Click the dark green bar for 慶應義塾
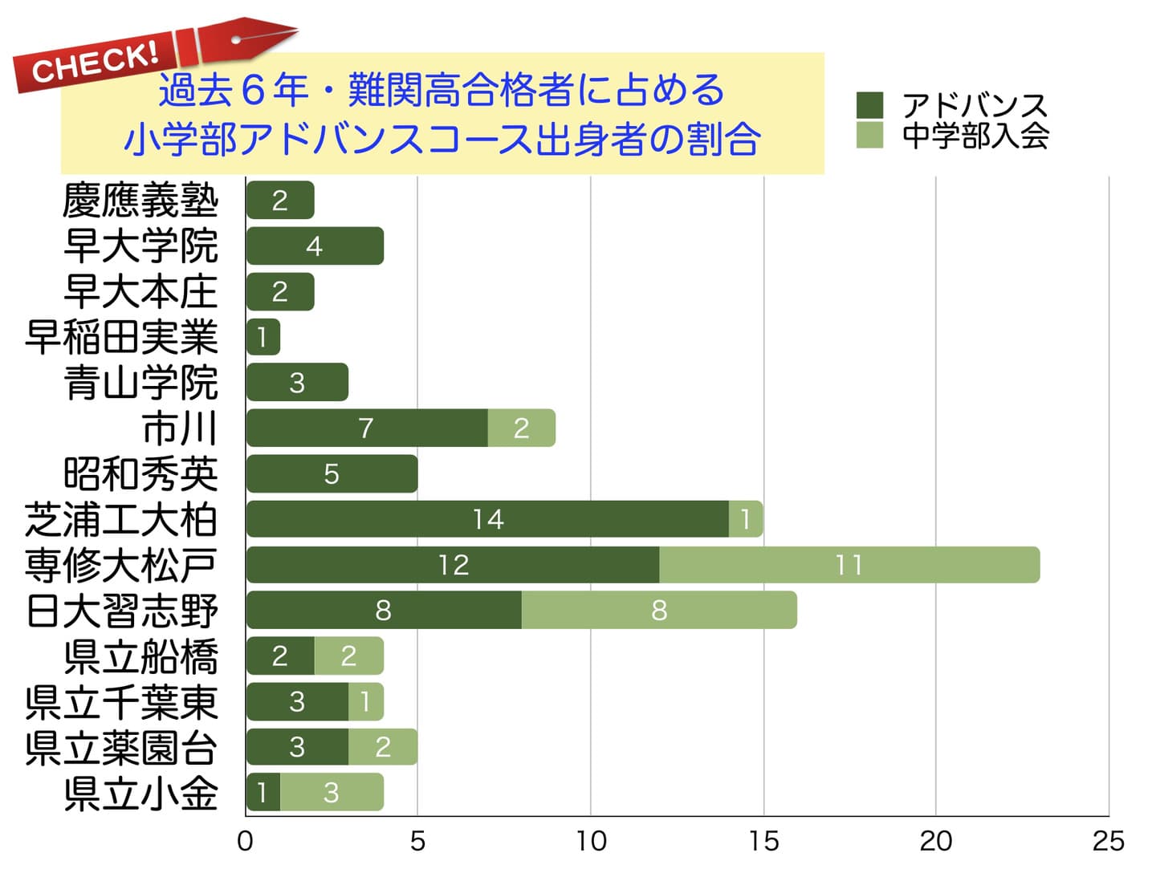[279, 201]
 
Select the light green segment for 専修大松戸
[849, 565]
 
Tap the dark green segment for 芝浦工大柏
[487, 519]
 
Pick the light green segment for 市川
[521, 428]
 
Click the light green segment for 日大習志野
[658, 611]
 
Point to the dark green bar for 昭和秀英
[332, 473]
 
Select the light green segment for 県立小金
[331, 793]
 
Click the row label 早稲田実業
[121, 337]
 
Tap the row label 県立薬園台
[121, 748]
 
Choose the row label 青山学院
[140, 383]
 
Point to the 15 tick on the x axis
[763, 841]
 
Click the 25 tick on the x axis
[1108, 841]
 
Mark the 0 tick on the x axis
[246, 841]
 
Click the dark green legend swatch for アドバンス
[869, 105]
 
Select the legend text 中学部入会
[975, 136]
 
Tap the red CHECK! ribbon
[96, 63]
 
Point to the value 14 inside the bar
[487, 519]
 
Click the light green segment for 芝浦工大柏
[746, 519]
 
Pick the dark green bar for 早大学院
[314, 246]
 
